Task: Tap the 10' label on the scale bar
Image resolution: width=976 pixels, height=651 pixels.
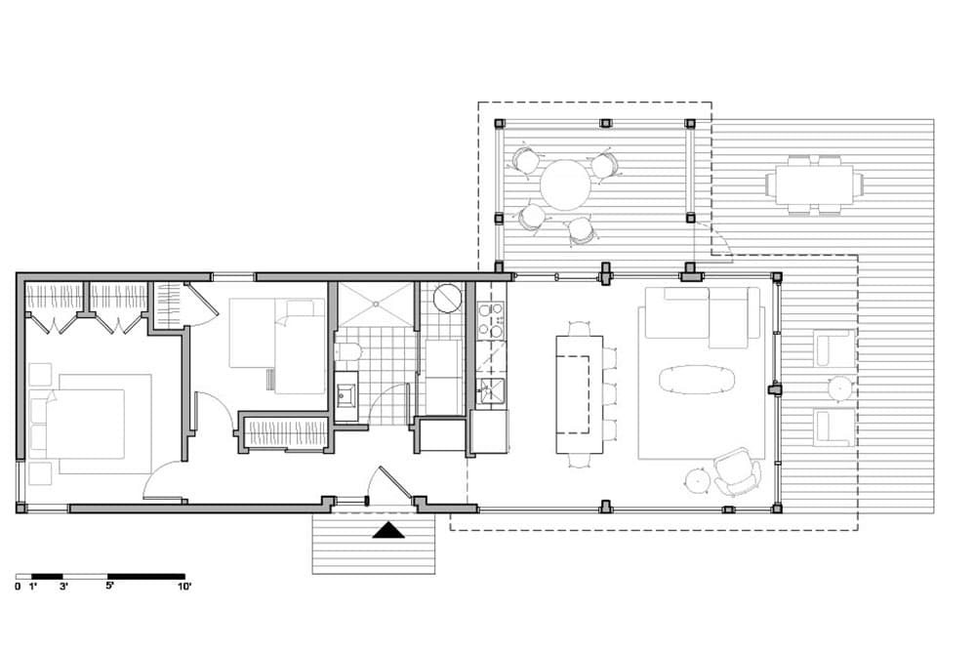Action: click(x=184, y=587)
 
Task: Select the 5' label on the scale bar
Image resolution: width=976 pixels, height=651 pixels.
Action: click(x=110, y=586)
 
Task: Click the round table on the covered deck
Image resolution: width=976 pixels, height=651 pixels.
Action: click(x=565, y=184)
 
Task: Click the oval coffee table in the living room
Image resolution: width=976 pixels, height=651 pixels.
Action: click(x=697, y=380)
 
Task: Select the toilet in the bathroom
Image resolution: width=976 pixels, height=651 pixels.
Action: click(x=347, y=353)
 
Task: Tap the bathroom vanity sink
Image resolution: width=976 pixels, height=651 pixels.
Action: click(x=346, y=394)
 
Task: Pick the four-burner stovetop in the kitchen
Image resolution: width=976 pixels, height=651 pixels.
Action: click(x=491, y=320)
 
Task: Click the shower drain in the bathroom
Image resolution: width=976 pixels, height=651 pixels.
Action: click(x=376, y=304)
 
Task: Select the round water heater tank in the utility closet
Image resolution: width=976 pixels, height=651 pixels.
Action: click(x=447, y=299)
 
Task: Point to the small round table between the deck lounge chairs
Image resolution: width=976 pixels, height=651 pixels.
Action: click(x=839, y=388)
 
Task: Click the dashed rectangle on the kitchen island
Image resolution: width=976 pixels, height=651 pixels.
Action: click(x=573, y=394)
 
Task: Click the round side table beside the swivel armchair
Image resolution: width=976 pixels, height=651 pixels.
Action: click(x=697, y=480)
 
